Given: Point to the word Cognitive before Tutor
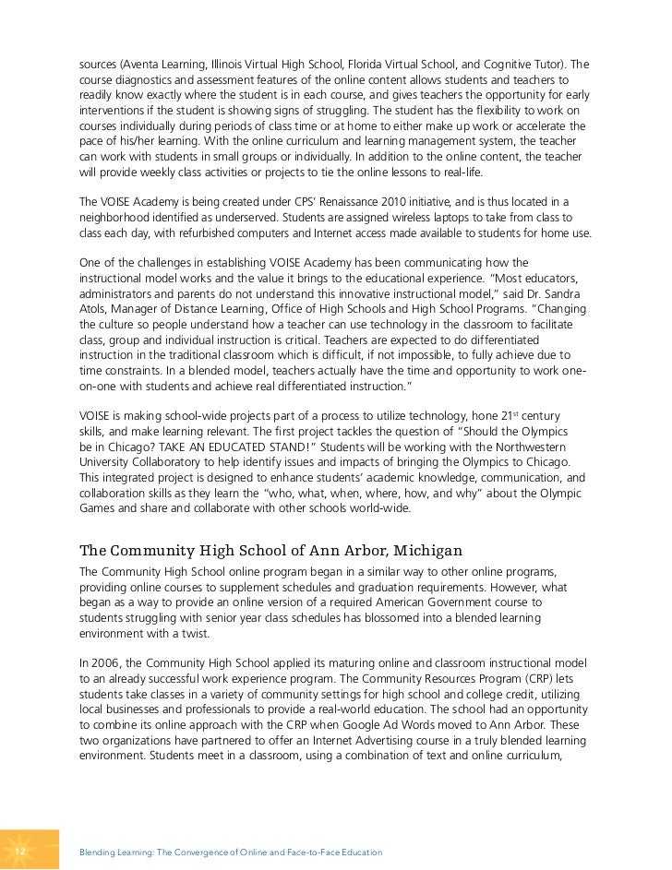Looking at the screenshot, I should (523, 65).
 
